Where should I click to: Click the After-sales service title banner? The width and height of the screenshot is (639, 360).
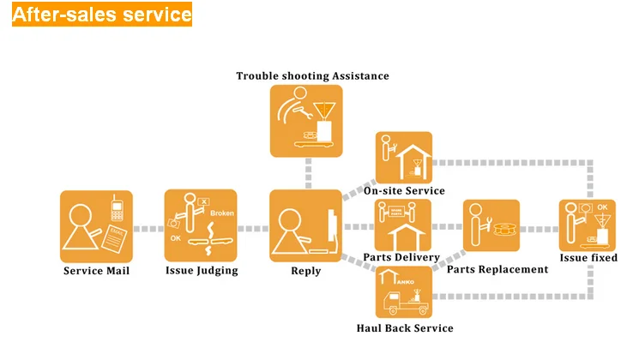click(102, 15)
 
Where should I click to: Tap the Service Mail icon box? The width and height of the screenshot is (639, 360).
click(96, 226)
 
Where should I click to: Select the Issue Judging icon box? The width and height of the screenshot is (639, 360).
click(201, 226)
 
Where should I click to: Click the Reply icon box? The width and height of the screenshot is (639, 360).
click(306, 226)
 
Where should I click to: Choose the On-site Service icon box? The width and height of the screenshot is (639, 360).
click(403, 157)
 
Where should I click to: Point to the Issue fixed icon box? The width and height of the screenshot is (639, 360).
click(588, 225)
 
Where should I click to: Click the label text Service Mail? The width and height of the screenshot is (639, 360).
click(97, 271)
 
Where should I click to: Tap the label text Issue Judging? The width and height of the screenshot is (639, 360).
click(202, 271)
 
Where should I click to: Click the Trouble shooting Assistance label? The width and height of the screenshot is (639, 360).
click(312, 76)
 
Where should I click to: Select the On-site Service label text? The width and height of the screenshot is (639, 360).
click(404, 190)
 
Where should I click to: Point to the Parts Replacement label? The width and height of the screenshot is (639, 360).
click(497, 269)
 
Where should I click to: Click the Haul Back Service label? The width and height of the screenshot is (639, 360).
click(405, 327)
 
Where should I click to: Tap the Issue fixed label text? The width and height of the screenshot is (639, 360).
click(588, 257)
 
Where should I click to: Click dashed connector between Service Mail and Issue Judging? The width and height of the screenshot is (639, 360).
click(148, 228)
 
